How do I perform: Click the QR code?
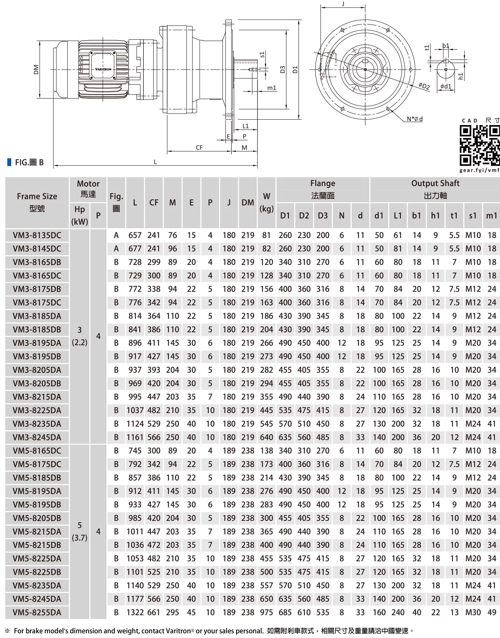pos(479,145)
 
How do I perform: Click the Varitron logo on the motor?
pos(103,69)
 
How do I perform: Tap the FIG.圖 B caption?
pos(29,162)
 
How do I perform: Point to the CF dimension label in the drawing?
pos(199,147)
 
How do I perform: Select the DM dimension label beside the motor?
pos(36,69)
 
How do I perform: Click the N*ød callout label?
pos(415,119)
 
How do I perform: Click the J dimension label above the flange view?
pos(343,4)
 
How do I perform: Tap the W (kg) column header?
pos(266,203)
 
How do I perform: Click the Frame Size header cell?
pos(37,202)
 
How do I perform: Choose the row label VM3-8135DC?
pos(37,235)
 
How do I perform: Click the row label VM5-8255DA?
pos(37,612)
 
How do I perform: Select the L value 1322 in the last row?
pos(135,612)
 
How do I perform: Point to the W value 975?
pos(266,612)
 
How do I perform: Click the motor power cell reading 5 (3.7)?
pos(80,532)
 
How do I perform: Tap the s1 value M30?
pos(473,612)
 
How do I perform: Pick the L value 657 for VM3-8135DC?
pos(135,235)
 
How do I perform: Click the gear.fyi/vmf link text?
pos(479,170)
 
